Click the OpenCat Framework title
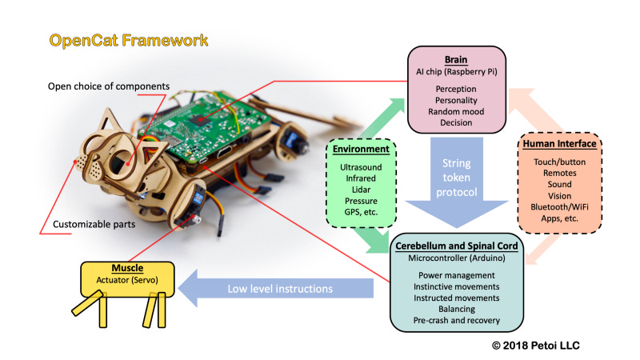[129, 41]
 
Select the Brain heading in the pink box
[456, 60]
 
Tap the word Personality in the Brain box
[456, 101]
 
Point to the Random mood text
[456, 111]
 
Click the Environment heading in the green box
[361, 149]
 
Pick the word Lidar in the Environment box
[361, 190]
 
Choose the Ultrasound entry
[361, 167]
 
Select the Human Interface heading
[559, 144]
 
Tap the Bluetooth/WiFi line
[559, 207]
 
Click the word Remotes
[559, 173]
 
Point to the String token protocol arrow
[457, 182]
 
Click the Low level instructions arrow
[276, 289]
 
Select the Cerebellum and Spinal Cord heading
[456, 246]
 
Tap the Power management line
[456, 275]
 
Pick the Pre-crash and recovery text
[456, 321]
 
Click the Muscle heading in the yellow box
[127, 268]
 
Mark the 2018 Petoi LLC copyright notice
[535, 346]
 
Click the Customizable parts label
[94, 225]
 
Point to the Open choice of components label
[109, 86]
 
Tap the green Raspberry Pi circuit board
[204, 126]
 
